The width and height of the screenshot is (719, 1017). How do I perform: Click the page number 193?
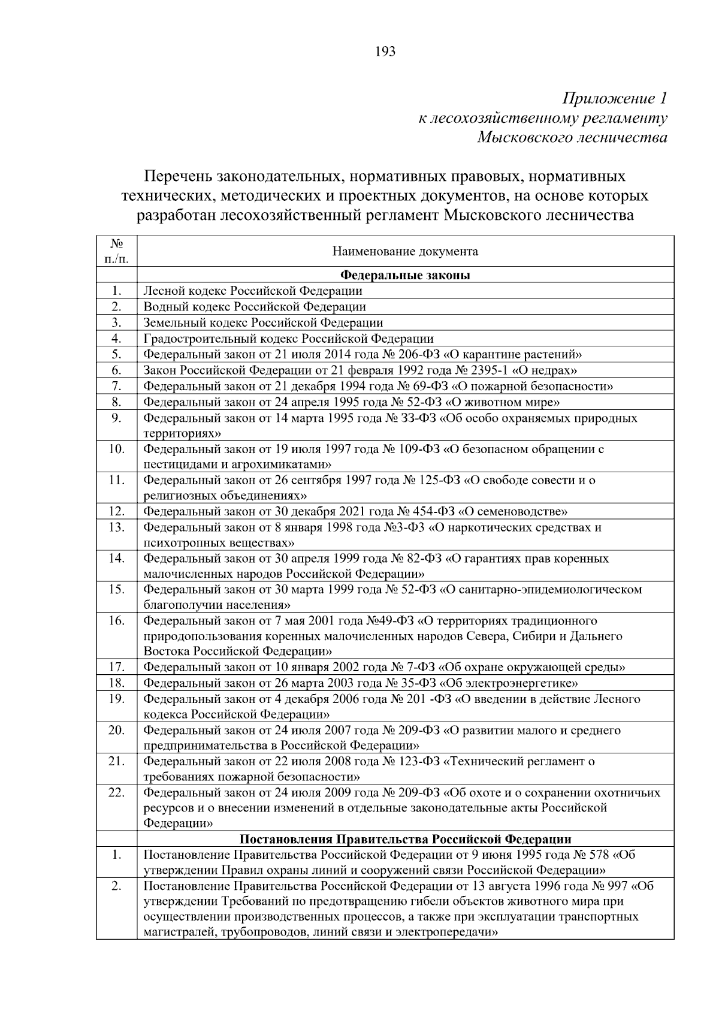pyautogui.click(x=385, y=52)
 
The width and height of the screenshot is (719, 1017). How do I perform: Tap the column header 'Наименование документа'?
pyautogui.click(x=405, y=251)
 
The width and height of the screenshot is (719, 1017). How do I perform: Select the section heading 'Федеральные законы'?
pyautogui.click(x=405, y=275)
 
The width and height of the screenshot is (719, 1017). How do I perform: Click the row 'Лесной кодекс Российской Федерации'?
pyautogui.click(x=253, y=291)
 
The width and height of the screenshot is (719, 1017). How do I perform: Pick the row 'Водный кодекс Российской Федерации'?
pyautogui.click(x=255, y=306)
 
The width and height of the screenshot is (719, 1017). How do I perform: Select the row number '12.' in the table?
pyautogui.click(x=116, y=511)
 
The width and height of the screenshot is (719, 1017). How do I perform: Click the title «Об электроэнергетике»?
pyautogui.click(x=509, y=683)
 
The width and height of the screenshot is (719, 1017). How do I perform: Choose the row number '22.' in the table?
pyautogui.click(x=116, y=792)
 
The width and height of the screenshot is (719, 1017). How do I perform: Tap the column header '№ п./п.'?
pyautogui.click(x=116, y=251)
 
